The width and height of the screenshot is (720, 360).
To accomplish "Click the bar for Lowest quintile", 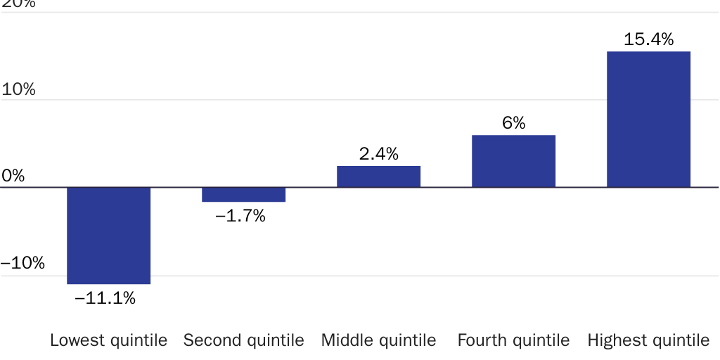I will click(x=108, y=236).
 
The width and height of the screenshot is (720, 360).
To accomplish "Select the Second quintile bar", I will click(x=243, y=195).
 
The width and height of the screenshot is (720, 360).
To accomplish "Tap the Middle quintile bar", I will click(x=378, y=176).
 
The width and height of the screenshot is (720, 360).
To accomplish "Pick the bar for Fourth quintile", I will click(x=513, y=161).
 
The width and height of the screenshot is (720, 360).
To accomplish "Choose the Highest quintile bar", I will click(x=648, y=120).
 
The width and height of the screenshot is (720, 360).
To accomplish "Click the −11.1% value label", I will click(x=105, y=298).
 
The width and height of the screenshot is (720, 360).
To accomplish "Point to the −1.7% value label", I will click(x=240, y=217).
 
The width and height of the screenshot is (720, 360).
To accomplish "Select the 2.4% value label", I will click(x=378, y=153).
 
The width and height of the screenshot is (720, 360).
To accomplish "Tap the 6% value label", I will click(x=513, y=123).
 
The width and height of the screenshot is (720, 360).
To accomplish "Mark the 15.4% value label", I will click(x=648, y=39).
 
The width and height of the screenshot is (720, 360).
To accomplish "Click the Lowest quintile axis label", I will click(x=108, y=341).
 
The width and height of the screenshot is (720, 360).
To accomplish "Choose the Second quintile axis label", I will click(x=243, y=341).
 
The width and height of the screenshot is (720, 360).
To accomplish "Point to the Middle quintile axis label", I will click(x=378, y=341).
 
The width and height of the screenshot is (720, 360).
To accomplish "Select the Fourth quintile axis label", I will click(x=513, y=341).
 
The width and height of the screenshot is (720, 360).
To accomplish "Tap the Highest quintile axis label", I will click(x=648, y=341).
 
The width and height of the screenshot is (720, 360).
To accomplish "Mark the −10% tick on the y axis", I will click(x=22, y=264).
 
